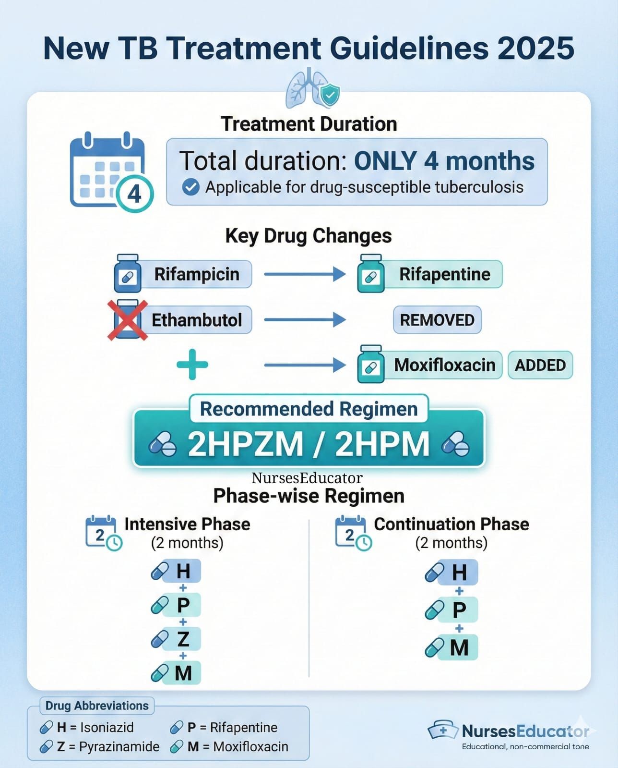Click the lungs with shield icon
click(x=312, y=88)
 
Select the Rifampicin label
click(x=197, y=274)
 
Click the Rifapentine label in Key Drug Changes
click(x=444, y=274)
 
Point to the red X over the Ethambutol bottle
click(x=128, y=320)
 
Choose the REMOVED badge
click(x=437, y=320)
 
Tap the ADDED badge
click(x=540, y=365)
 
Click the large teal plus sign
click(x=192, y=365)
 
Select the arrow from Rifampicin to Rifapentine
click(x=305, y=274)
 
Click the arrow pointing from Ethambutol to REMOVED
click(x=305, y=319)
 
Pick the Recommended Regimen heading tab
click(x=309, y=409)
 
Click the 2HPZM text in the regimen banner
click(x=245, y=444)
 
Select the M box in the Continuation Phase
click(x=458, y=648)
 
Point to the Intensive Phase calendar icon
click(x=104, y=533)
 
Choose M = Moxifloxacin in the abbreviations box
click(x=229, y=746)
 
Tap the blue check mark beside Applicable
click(x=191, y=187)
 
